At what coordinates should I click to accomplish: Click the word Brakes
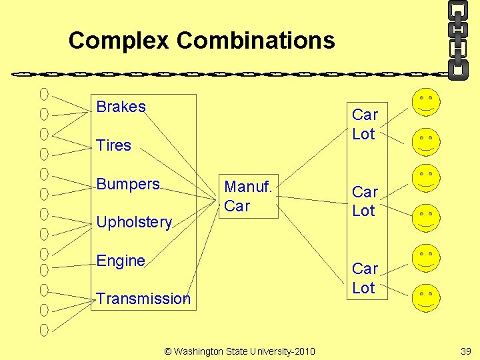(121, 107)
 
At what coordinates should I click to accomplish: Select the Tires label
(113, 145)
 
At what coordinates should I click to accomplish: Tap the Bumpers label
(128, 183)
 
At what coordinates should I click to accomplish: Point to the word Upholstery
(134, 222)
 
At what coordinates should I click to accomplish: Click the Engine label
(121, 261)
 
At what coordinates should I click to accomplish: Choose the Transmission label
(143, 299)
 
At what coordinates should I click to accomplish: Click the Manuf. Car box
(248, 197)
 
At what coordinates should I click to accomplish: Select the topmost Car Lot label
(365, 124)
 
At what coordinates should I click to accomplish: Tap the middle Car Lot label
(365, 201)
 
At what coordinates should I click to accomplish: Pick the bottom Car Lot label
(365, 278)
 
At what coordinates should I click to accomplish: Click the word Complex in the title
(119, 41)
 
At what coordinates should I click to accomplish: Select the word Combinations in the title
(255, 41)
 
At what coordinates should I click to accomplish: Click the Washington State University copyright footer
(240, 351)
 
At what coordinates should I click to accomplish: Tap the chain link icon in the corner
(457, 39)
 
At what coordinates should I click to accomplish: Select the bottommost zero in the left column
(44, 329)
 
